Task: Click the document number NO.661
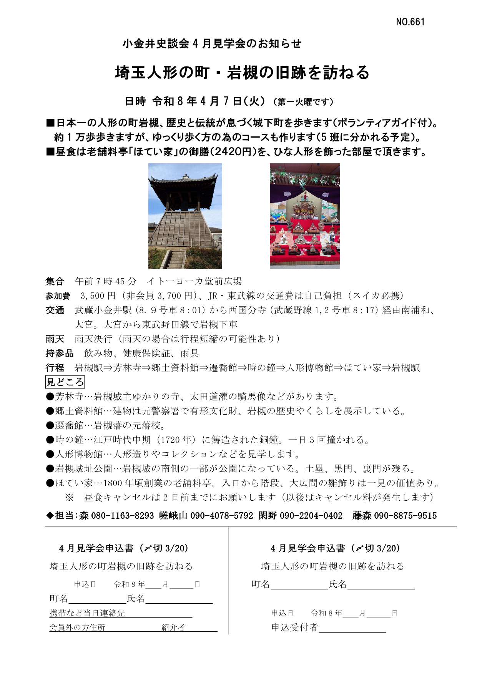click(410, 22)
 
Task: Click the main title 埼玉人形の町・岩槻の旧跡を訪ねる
click(242, 73)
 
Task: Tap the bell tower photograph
click(185, 216)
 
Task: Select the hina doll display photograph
click(305, 216)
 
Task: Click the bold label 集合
click(55, 281)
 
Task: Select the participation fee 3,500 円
click(98, 295)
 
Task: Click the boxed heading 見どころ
click(65, 382)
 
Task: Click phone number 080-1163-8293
click(122, 516)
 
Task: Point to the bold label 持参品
click(60, 353)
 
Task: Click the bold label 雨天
click(55, 339)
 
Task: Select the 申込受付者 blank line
click(352, 628)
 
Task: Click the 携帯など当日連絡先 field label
click(87, 613)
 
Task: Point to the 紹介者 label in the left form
click(173, 628)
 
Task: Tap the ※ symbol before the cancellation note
click(69, 497)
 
